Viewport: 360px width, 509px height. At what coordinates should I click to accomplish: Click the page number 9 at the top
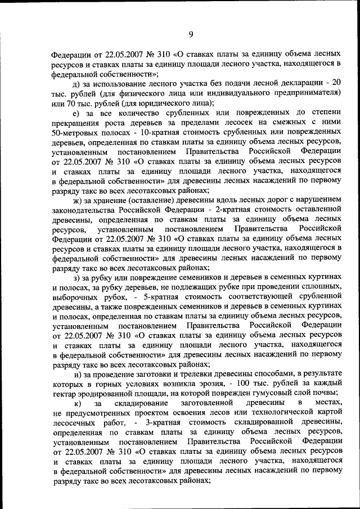(x=191, y=34)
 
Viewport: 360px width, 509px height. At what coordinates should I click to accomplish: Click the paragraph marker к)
(x=78, y=403)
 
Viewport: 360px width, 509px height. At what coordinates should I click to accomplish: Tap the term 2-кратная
(x=237, y=210)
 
